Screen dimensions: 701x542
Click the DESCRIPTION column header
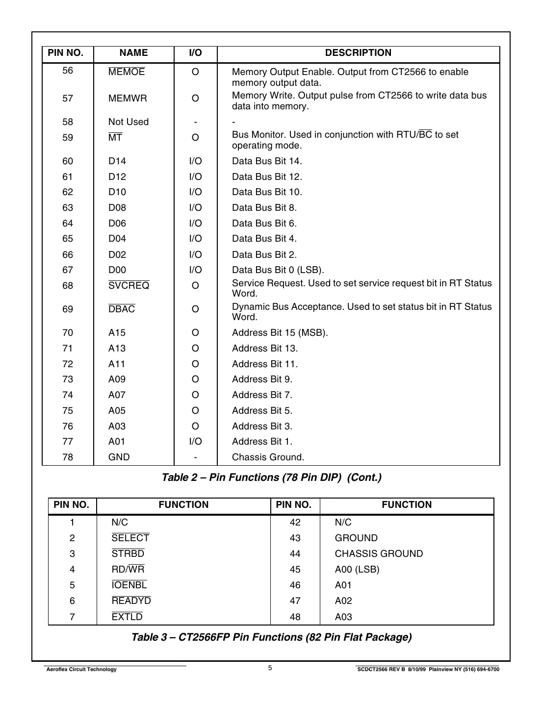click(x=358, y=53)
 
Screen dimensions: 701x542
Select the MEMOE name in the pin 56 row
click(x=127, y=72)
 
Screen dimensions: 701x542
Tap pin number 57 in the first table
click(x=68, y=99)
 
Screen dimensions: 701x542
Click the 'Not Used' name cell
click(x=128, y=122)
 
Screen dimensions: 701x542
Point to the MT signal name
click(x=115, y=138)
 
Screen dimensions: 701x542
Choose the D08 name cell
click(x=117, y=208)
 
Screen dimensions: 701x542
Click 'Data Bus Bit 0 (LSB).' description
click(x=278, y=270)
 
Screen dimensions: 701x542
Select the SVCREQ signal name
click(x=129, y=286)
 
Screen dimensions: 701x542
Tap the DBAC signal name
click(x=122, y=309)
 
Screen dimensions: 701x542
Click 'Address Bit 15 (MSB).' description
click(x=280, y=333)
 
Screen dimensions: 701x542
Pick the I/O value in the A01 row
click(x=195, y=442)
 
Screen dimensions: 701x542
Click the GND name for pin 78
click(x=119, y=457)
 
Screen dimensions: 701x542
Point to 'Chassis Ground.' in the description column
click(x=268, y=457)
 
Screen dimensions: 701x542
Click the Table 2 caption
click(x=271, y=477)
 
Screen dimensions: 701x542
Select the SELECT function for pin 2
click(x=130, y=538)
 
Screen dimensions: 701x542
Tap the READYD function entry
click(x=131, y=601)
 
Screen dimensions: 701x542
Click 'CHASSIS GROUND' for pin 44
click(x=379, y=554)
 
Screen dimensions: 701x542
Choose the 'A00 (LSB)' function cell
click(x=357, y=570)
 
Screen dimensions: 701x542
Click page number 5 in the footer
click(x=270, y=668)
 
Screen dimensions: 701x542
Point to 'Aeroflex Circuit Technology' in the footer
click(x=81, y=670)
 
